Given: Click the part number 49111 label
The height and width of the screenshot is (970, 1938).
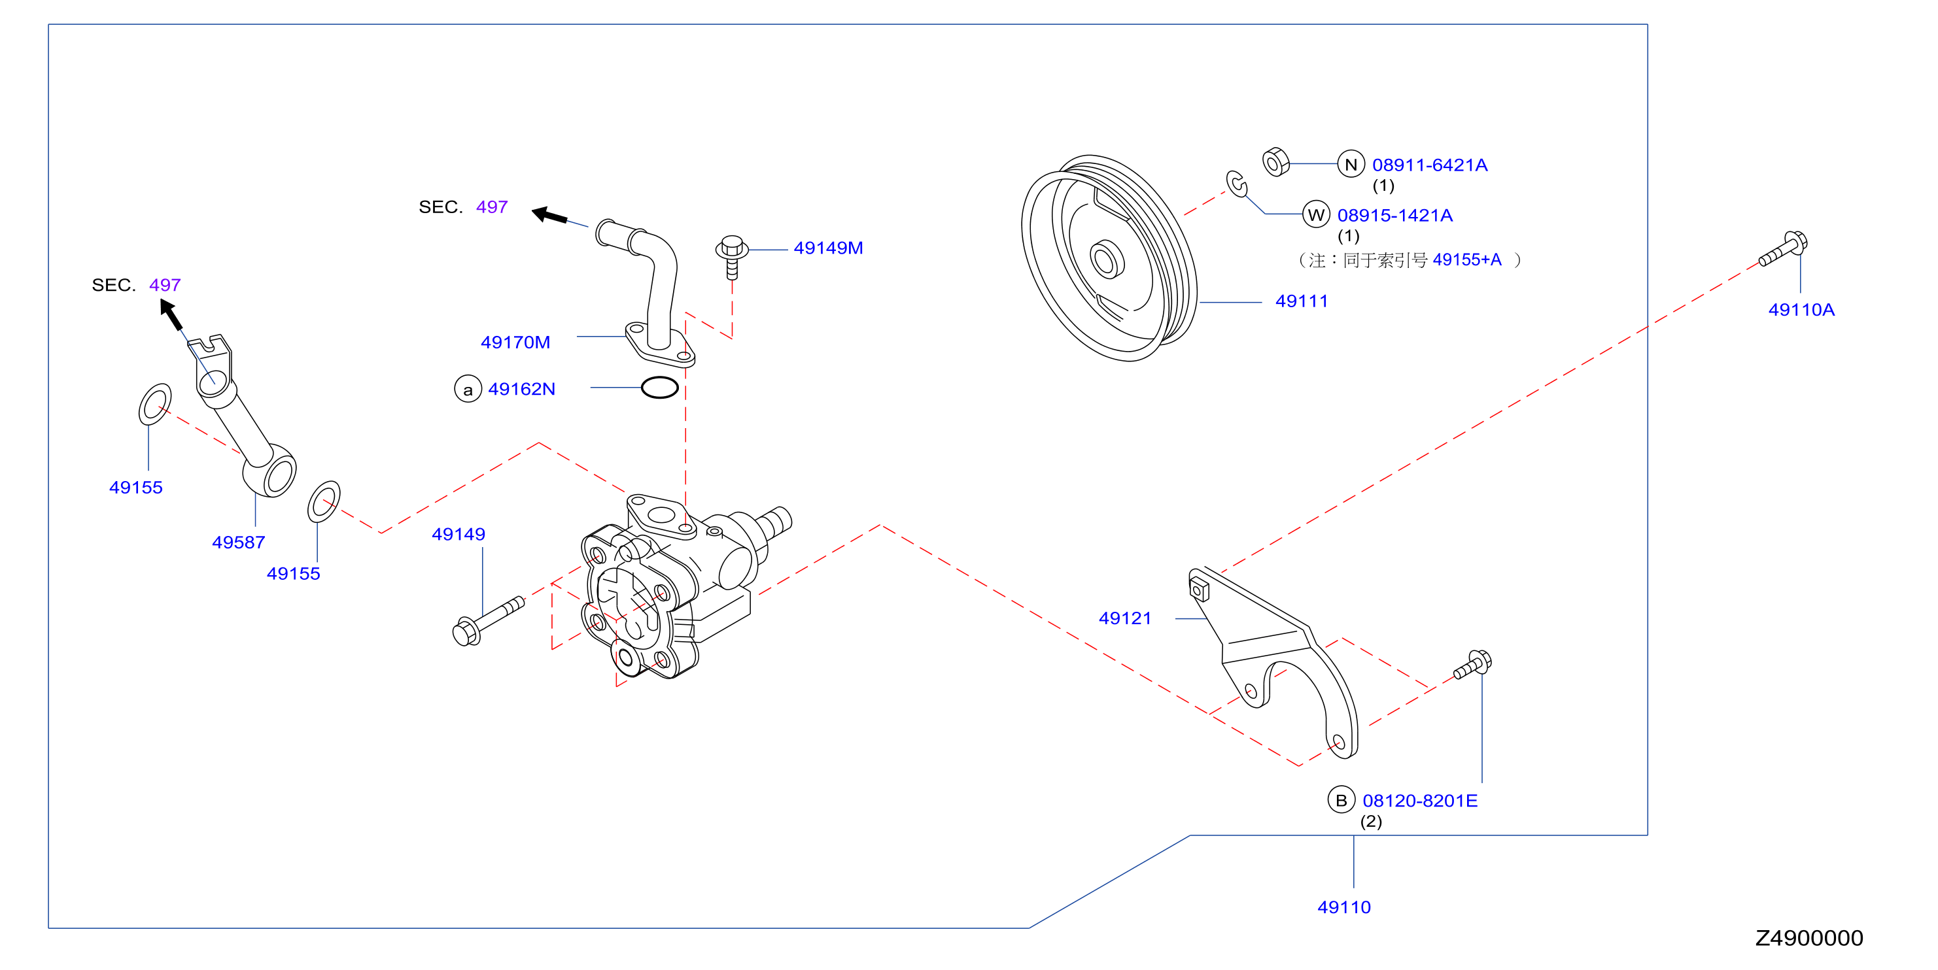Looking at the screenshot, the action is click(x=1302, y=301).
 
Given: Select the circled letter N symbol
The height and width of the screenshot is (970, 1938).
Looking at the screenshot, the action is click(x=1351, y=164).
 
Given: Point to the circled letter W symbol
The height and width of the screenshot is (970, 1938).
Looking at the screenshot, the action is click(x=1316, y=215).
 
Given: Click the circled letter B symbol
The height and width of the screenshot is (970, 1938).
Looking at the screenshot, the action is click(x=1341, y=801).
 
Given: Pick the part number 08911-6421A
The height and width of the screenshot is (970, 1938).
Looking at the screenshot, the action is click(x=1429, y=165).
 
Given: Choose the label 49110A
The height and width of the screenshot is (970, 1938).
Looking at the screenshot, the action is click(x=1801, y=310).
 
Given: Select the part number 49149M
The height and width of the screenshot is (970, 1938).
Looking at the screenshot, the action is click(x=828, y=248).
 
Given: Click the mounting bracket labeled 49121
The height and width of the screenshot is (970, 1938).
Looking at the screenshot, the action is click(x=1273, y=661).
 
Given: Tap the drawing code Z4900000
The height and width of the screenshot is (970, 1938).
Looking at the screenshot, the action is click(x=1808, y=939).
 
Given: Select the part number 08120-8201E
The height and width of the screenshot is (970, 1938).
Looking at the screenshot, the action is click(x=1419, y=801).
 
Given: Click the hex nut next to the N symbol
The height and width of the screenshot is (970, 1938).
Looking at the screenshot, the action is click(x=1275, y=162).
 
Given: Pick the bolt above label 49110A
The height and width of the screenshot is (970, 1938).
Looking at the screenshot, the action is click(x=1783, y=249).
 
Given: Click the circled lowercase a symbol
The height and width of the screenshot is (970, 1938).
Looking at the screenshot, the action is click(x=468, y=390).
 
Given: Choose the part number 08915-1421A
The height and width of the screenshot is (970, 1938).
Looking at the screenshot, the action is click(x=1395, y=216).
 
